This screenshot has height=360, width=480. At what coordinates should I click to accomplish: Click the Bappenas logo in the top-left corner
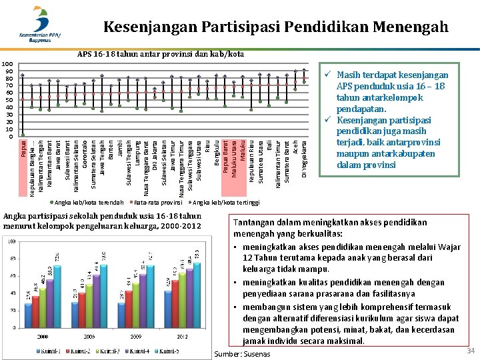pyautogui.click(x=40, y=25)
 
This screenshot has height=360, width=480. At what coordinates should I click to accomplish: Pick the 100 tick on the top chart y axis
pyautogui.click(x=9, y=64)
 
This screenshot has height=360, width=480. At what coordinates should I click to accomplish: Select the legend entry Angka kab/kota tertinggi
pyautogui.click(x=225, y=202)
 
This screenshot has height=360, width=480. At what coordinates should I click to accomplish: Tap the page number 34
pyautogui.click(x=471, y=351)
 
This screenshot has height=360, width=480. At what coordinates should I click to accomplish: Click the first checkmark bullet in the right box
pyautogui.click(x=328, y=75)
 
